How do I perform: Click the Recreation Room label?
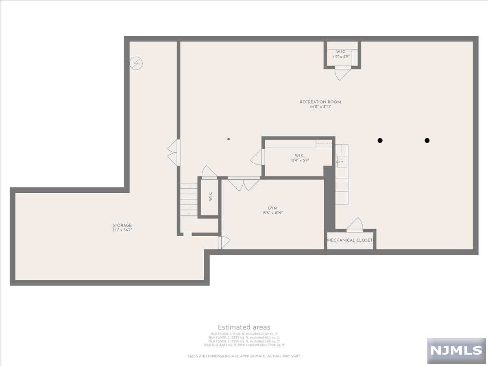coord(320,102)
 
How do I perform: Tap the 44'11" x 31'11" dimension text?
coord(320,107)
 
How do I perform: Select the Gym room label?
coord(272,208)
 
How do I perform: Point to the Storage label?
coord(122,225)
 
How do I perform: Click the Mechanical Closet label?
coord(350,240)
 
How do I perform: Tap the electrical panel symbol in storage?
coord(136,63)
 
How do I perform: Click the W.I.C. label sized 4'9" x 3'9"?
coord(341,52)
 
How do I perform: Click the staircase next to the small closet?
coord(189,199)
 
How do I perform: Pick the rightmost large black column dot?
coord(427,140)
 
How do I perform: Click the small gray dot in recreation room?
coord(229,139)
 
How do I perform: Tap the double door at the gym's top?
coord(244,184)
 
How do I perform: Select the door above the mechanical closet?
coord(355,225)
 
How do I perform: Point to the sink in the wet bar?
coord(342,161)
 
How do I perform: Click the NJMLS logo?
coord(456,350)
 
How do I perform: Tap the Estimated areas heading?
coord(244,327)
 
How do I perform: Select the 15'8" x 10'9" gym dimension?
coord(272,213)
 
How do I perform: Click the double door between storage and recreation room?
coord(174,152)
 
